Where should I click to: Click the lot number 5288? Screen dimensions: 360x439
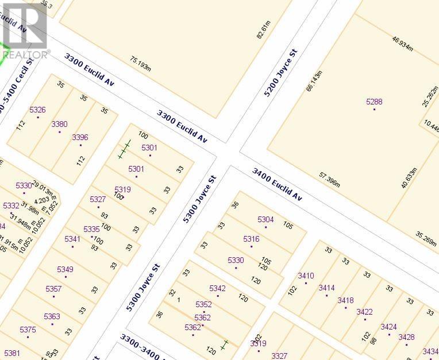point(374,102)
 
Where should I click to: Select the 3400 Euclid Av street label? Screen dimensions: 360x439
point(277,184)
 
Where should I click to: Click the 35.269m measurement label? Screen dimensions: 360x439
point(426,237)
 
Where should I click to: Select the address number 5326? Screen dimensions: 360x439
point(37,110)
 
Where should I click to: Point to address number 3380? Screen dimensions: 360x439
point(59,124)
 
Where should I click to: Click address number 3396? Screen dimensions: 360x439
point(80,137)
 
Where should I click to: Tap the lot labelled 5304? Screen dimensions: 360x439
point(265,219)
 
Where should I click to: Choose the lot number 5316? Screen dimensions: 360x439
point(251,239)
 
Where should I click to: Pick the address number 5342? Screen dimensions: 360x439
point(217,288)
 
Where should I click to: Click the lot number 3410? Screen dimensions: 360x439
point(306,276)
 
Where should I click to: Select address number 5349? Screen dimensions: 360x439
point(65,269)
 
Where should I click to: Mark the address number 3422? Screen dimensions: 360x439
point(364,312)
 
